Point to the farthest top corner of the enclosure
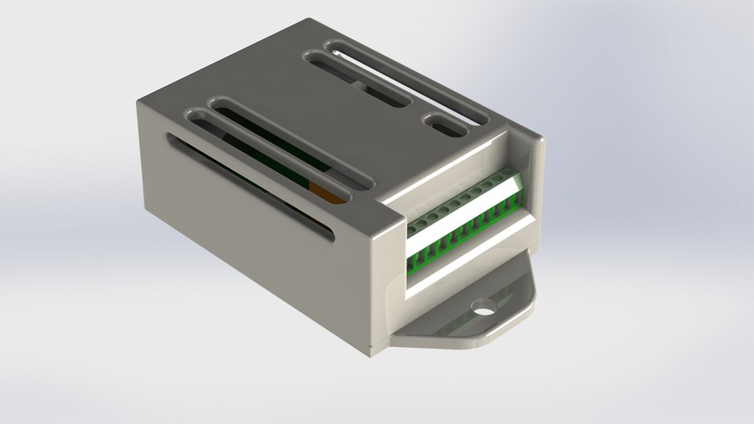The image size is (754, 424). tap(313, 22)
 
